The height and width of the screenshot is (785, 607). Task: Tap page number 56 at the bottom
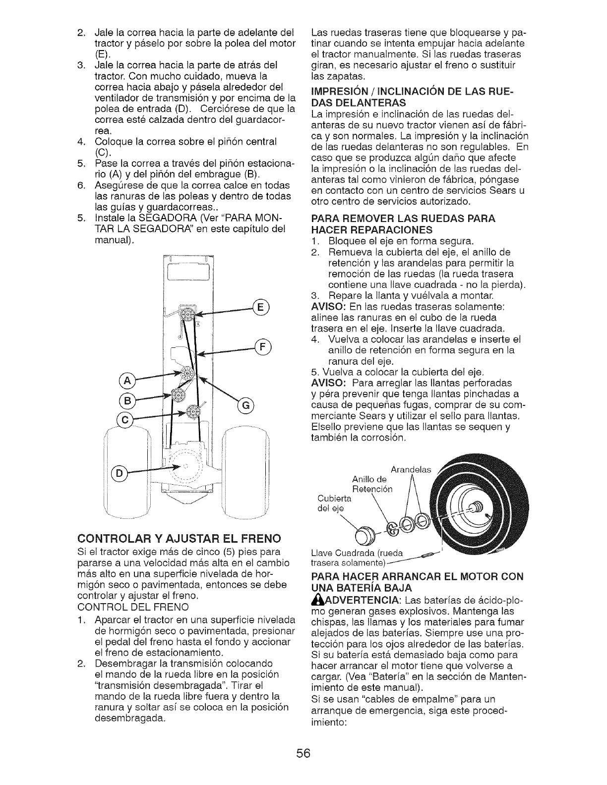point(303,753)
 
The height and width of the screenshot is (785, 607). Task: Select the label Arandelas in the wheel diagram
point(412,469)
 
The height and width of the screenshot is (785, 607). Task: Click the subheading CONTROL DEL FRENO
point(130,607)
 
